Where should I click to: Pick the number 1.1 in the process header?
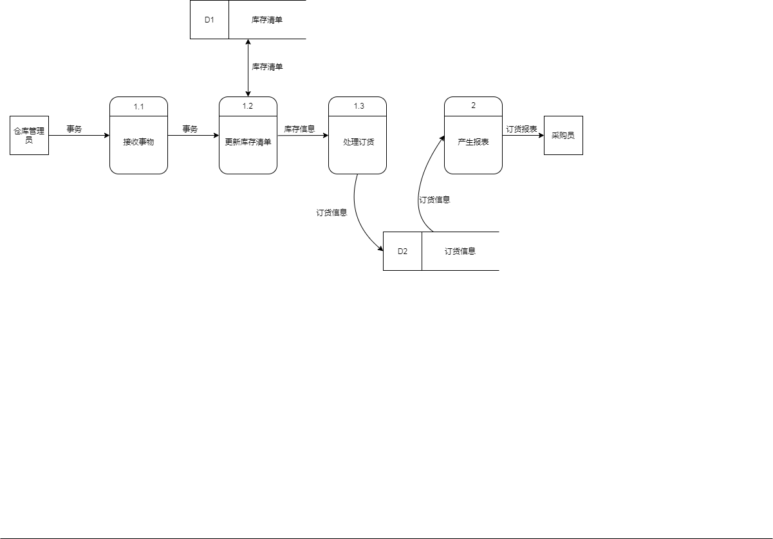pos(139,107)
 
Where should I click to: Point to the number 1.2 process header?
pos(248,106)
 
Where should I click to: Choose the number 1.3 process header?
pos(359,106)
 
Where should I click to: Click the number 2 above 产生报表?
pos(473,105)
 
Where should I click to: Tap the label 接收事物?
pos(138,142)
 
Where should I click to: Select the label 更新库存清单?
pos(248,142)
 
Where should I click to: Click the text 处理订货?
pos(359,142)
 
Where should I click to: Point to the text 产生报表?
pos(473,142)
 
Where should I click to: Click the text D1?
pos(209,19)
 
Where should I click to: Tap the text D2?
pos(402,251)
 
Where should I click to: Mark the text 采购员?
pos(563,136)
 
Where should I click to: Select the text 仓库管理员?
pos(29,135)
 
